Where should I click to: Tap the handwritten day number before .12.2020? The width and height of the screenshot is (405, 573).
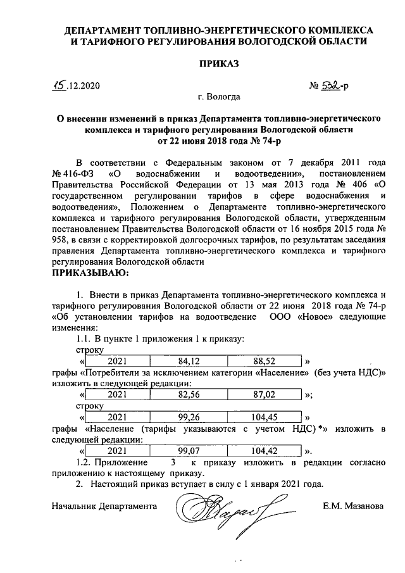[x=60, y=84]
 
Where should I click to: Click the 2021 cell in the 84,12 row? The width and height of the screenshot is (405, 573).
[x=118, y=361]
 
